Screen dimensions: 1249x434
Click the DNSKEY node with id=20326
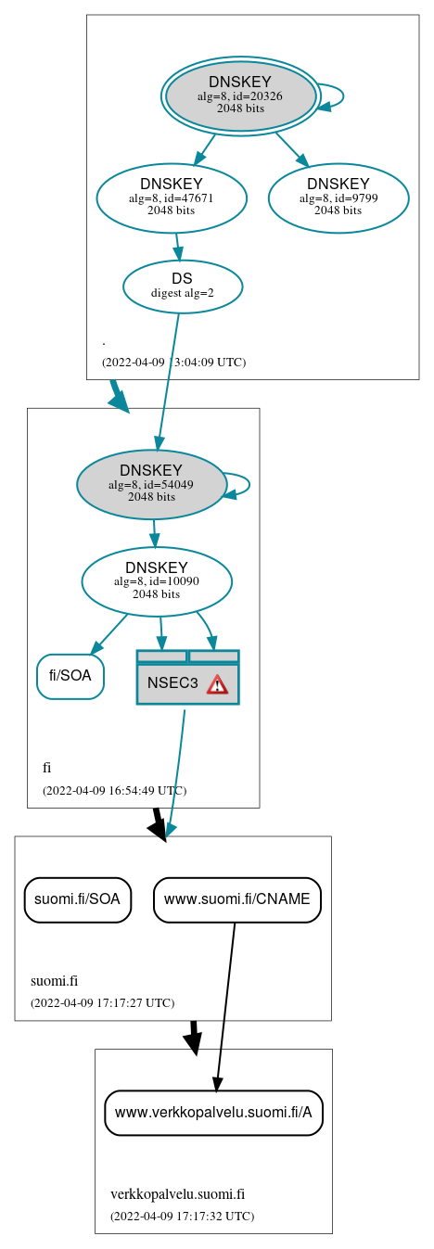click(240, 96)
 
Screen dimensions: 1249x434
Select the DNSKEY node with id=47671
click(172, 198)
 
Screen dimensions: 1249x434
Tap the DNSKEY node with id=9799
click(338, 198)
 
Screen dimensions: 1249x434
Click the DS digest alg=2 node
click(183, 287)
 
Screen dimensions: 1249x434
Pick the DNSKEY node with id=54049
click(151, 484)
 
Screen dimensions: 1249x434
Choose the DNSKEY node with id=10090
click(157, 581)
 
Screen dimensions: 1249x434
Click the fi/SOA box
click(70, 676)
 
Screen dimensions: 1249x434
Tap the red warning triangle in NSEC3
click(217, 684)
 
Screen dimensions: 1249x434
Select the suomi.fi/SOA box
click(77, 899)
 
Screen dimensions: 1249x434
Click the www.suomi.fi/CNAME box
click(237, 899)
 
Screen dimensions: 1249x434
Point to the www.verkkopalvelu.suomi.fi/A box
click(213, 1112)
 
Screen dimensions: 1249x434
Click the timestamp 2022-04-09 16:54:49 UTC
click(114, 791)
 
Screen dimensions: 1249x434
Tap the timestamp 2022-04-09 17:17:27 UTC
click(102, 1002)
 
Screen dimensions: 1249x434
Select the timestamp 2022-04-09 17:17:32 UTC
click(182, 1216)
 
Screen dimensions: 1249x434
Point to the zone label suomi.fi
click(54, 981)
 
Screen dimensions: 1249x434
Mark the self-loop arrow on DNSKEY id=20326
click(340, 96)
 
